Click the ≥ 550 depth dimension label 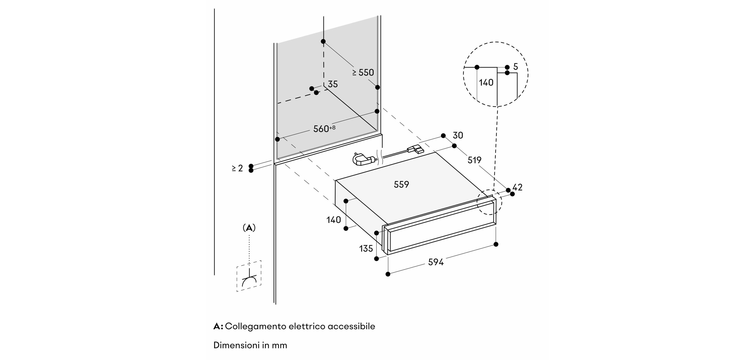coord(363,72)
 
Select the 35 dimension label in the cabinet coord(333,84)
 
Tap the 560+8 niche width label coord(324,129)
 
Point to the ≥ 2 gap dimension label coord(237,168)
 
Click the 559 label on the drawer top coord(401,184)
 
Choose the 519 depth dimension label coord(474,160)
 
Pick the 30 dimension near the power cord coord(458,135)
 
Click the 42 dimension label coord(517,187)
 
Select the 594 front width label coord(436,262)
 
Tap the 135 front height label coord(366,249)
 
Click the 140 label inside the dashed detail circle coord(486,83)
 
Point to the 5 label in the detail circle coord(516,67)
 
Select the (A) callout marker coord(249,228)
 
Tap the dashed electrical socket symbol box coord(249,276)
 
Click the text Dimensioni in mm coord(250,345)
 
